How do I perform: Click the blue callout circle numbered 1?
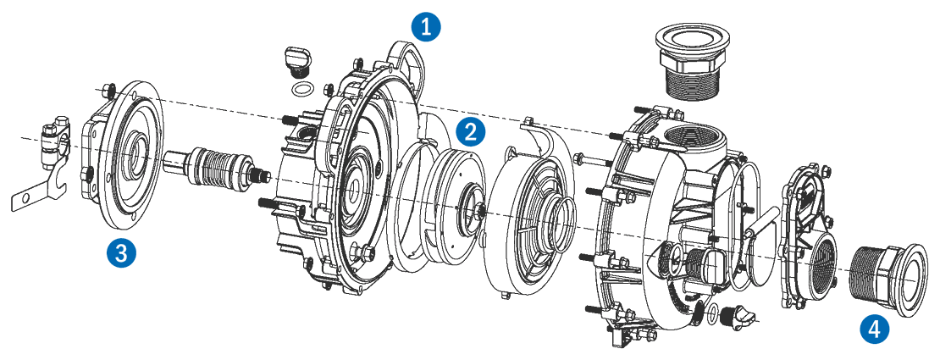point(426,26)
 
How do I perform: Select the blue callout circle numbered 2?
point(471,131)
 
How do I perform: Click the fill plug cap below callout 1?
point(293,59)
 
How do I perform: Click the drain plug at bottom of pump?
point(737,317)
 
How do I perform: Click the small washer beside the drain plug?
point(713,314)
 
